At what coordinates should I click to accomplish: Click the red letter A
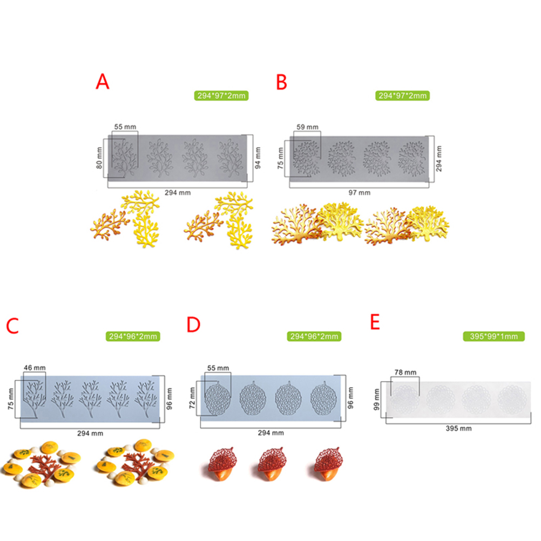pos(103,82)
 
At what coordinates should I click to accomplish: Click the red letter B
pos(281,83)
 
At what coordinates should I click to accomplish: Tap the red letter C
pos(12,326)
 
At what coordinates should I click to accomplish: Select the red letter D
pos(193,324)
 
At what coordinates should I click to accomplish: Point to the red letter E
pos(375,322)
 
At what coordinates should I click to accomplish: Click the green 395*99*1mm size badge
pos(493,336)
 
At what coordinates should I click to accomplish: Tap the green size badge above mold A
pos(221,96)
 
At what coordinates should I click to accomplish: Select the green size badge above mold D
pos(314,336)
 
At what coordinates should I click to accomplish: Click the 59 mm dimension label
pos(307,127)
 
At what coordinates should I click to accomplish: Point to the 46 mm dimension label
pos(35,368)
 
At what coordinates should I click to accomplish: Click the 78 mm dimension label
pos(405,373)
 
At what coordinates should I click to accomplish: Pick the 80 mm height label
pos(99,158)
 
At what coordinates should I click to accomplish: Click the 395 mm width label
pos(458,429)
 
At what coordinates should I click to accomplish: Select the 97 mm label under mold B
pos(359,193)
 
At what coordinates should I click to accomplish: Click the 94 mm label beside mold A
pos(258,158)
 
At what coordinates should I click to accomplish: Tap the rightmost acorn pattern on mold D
pos(323,399)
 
